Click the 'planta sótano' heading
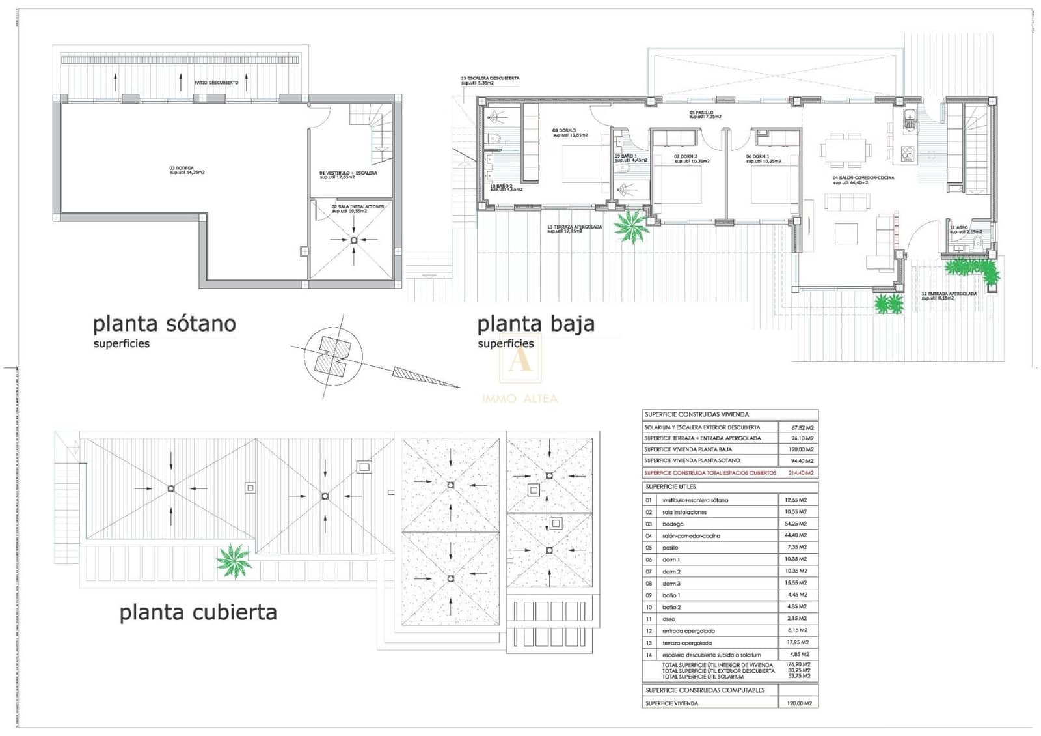pyautogui.click(x=164, y=324)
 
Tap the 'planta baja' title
pyautogui.click(x=535, y=324)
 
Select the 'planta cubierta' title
pyautogui.click(x=198, y=612)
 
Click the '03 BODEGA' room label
pyautogui.click(x=186, y=170)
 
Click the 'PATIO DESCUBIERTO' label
pyautogui.click(x=216, y=83)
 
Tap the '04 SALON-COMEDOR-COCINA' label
pyautogui.click(x=863, y=180)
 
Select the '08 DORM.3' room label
pyautogui.click(x=569, y=132)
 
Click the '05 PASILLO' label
pyautogui.click(x=705, y=115)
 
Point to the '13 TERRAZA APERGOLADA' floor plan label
pyautogui.click(x=574, y=229)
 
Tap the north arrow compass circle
pyautogui.click(x=332, y=356)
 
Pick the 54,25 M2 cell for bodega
pyautogui.click(x=795, y=524)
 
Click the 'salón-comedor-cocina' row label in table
pyautogui.click(x=691, y=535)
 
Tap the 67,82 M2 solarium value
pyautogui.click(x=802, y=428)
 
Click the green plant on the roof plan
pyautogui.click(x=233, y=560)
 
